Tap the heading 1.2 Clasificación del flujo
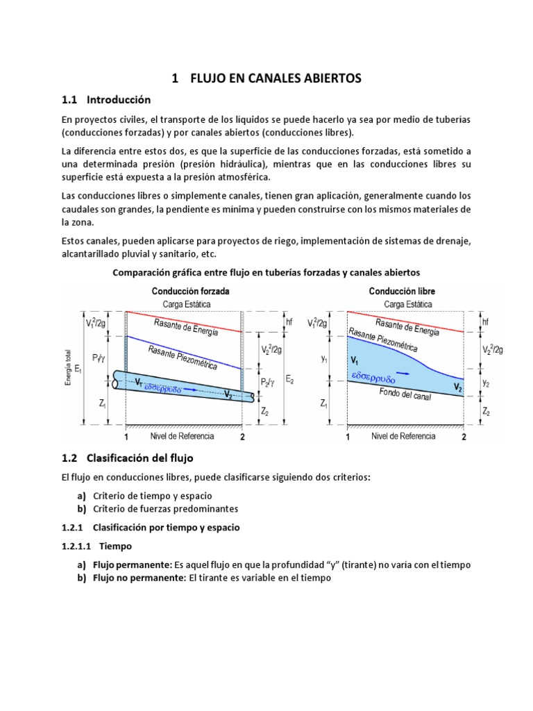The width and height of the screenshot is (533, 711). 137,458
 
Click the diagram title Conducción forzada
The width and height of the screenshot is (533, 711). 191,291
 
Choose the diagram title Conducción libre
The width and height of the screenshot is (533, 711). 402,291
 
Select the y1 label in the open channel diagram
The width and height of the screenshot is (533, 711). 323,359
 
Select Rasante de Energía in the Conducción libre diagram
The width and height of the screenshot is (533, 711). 407,326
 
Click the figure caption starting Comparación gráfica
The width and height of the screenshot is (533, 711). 266,273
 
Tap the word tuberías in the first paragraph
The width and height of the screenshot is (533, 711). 451,119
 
